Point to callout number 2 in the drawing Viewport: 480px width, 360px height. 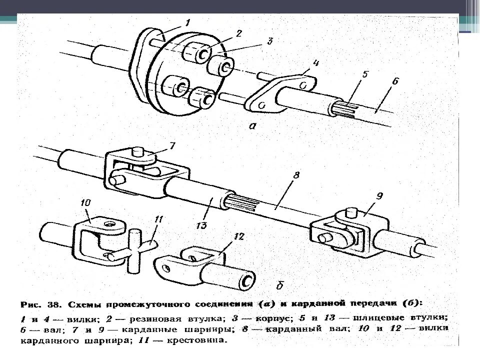(x=238, y=33)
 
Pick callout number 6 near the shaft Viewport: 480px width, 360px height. (x=395, y=81)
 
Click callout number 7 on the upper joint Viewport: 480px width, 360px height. (x=172, y=146)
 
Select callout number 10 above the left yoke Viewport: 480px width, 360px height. (x=84, y=203)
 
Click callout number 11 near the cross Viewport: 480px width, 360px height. (x=158, y=219)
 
